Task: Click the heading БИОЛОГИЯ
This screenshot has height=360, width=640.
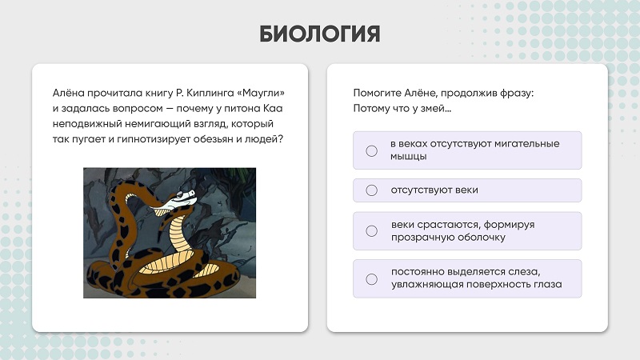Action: click(319, 34)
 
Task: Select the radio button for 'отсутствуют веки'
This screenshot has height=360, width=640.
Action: click(371, 190)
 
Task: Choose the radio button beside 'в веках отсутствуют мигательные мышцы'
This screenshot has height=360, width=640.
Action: click(371, 151)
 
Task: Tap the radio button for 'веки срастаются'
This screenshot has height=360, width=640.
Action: click(371, 231)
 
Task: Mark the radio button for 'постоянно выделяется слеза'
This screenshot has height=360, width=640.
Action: click(371, 279)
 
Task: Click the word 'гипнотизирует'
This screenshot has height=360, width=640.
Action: click(153, 139)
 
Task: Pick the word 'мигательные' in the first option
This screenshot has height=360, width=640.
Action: click(526, 144)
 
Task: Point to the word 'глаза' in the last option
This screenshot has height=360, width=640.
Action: click(548, 285)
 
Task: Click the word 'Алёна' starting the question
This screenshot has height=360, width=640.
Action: click(68, 93)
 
